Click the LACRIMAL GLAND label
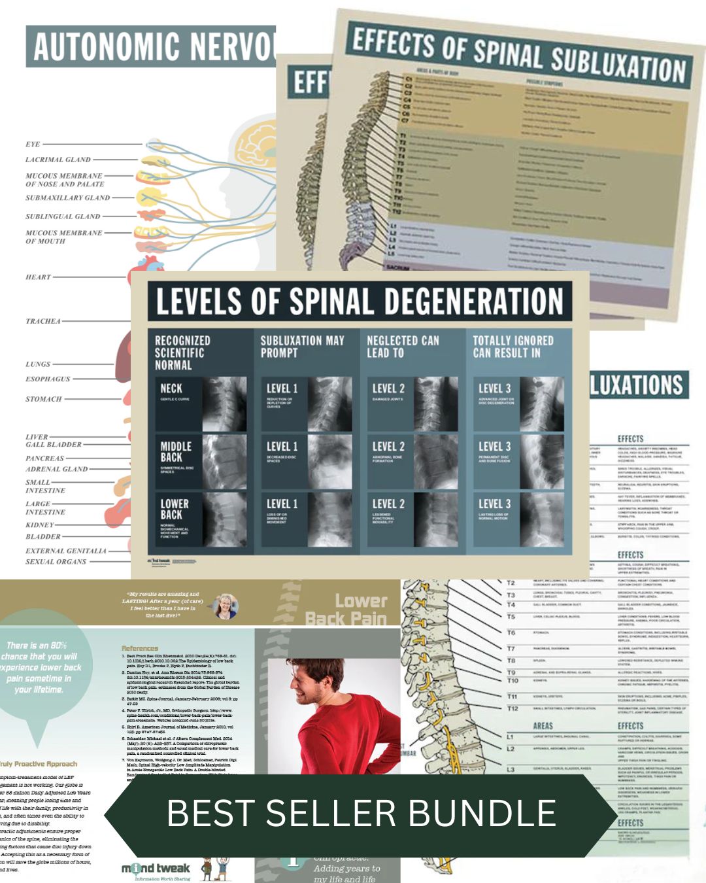pyautogui.click(x=58, y=160)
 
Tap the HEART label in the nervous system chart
pyautogui.click(x=38, y=277)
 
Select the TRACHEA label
pyautogui.click(x=43, y=321)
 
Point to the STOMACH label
pyautogui.click(x=44, y=399)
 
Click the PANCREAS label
pyautogui.click(x=45, y=459)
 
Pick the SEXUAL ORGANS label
pyautogui.click(x=56, y=561)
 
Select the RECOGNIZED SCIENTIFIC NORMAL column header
pyautogui.click(x=182, y=353)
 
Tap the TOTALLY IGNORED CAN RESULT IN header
pyautogui.click(x=513, y=347)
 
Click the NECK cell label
pyautogui.click(x=171, y=389)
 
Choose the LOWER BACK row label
pyautogui.click(x=175, y=509)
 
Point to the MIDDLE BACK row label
pyautogui.click(x=176, y=451)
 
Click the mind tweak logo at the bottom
pyautogui.click(x=156, y=869)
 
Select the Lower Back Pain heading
pyautogui.click(x=346, y=609)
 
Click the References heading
pyautogui.click(x=140, y=648)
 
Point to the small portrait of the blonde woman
pyautogui.click(x=226, y=606)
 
